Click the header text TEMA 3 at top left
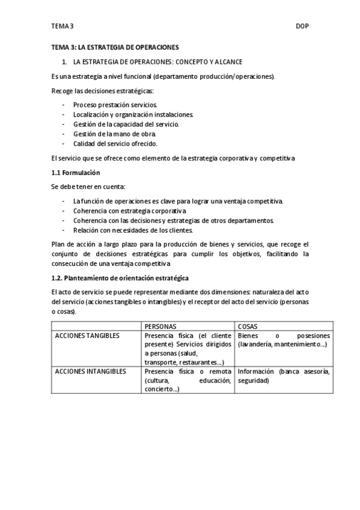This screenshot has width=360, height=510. coord(63,26)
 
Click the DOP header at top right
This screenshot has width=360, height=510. coord(302,26)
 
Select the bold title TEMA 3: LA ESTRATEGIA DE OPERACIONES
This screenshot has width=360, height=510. coord(115,46)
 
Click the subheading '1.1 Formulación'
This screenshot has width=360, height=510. coord(75,173)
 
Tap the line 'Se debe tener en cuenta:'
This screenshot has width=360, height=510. coord(88,187)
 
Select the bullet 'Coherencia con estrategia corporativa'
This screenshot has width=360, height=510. coord(129,211)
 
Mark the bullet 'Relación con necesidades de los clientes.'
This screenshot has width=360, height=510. coord(132,230)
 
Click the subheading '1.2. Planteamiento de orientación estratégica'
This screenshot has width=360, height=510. coord(120,278)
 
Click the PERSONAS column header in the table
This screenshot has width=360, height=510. coord(160,326)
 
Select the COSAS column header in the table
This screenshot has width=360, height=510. coord(248,326)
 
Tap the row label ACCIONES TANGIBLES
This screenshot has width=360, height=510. coord(87,336)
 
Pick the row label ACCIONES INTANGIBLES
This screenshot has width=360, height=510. coord(91,372)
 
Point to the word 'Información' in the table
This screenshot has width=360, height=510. coord(257,372)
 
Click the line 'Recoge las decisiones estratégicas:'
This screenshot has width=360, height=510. coord(103,90)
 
